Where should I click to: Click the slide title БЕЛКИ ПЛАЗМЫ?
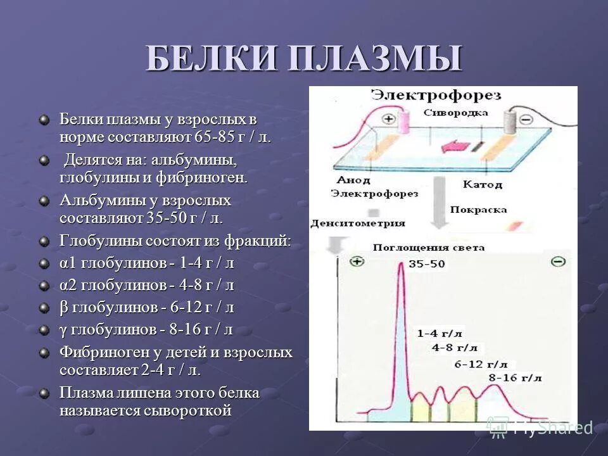pyautogui.click(x=304, y=60)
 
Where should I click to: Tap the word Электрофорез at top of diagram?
pyautogui.click(x=436, y=96)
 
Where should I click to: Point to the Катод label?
pyautogui.click(x=482, y=184)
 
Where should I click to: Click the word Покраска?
pyautogui.click(x=478, y=209)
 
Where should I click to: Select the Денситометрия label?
pyautogui.click(x=358, y=223)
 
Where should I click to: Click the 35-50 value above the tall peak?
pyautogui.click(x=427, y=263)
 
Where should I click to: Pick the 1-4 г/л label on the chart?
pyautogui.click(x=440, y=332)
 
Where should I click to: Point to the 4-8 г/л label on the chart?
pyautogui.click(x=455, y=348)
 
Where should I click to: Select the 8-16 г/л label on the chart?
pyautogui.click(x=517, y=377)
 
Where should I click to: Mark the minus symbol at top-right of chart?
pyautogui.click(x=558, y=261)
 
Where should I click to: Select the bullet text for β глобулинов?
pyautogui.click(x=147, y=307)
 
